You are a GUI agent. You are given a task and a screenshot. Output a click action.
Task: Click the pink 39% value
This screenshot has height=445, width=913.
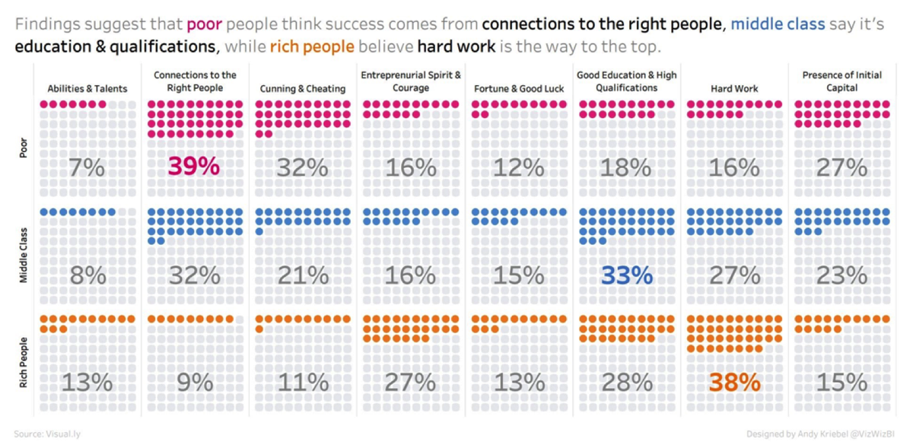(x=194, y=167)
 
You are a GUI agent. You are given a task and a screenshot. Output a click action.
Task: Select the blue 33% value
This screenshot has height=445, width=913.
(x=627, y=275)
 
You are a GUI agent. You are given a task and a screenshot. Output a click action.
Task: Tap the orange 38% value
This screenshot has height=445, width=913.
(x=734, y=383)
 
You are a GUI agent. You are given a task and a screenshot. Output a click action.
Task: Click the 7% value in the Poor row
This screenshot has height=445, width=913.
(x=86, y=167)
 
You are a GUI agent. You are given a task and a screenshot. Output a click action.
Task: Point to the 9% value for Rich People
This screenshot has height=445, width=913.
(x=194, y=383)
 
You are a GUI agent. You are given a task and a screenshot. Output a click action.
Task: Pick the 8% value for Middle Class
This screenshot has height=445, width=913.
(x=86, y=275)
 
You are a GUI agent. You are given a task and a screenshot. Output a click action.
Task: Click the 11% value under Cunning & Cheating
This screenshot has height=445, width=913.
(x=302, y=383)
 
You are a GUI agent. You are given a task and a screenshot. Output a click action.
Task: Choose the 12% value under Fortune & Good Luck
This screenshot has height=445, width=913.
(x=518, y=167)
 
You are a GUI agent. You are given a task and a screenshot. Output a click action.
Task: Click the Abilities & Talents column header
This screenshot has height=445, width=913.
(x=87, y=88)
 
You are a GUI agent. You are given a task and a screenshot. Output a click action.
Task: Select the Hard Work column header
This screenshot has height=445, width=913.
(x=734, y=88)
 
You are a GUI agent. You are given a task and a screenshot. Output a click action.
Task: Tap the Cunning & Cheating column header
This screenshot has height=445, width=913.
(x=303, y=88)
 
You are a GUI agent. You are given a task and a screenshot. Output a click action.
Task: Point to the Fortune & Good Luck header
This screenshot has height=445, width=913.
(x=519, y=88)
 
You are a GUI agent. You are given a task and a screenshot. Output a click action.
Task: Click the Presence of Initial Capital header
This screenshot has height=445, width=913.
(x=841, y=81)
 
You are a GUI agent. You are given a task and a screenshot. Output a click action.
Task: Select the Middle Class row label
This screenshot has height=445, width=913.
(x=23, y=256)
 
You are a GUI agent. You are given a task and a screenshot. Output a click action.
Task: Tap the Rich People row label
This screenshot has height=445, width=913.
(x=23, y=364)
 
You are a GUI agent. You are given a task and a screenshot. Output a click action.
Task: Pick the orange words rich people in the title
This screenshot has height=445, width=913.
(x=312, y=46)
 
